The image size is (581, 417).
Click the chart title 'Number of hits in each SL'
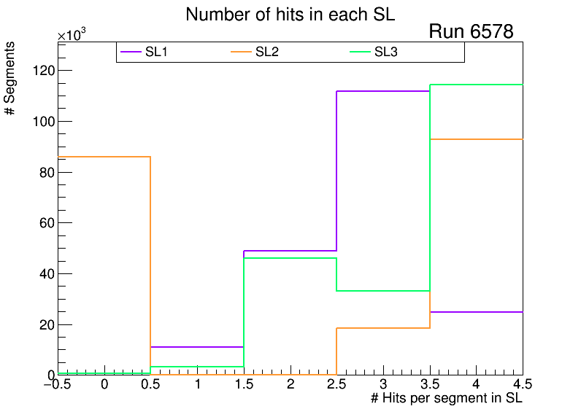290,15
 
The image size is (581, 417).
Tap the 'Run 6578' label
471,31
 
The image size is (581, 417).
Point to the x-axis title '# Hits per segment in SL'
447,399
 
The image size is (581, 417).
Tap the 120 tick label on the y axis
43,71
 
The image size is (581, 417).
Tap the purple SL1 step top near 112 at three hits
382,91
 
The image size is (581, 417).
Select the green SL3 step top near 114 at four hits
476,85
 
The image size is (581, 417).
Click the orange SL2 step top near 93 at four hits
476,139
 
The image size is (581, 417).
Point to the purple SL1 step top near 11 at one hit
197,347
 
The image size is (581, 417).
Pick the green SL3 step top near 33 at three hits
382,291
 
